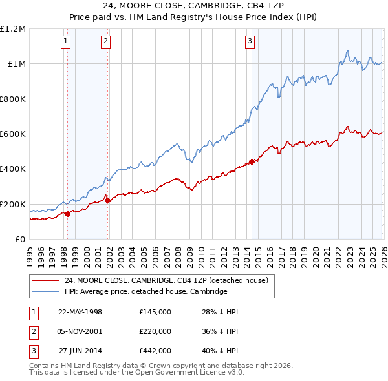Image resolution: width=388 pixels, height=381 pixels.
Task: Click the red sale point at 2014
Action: tap(252, 162)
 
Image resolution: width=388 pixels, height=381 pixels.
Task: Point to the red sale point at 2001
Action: tap(107, 201)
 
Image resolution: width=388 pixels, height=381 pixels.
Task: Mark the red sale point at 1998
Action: tap(68, 214)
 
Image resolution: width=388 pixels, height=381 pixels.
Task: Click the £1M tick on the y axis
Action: tap(16, 64)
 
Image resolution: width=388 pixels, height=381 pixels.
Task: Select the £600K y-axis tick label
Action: tap(13, 134)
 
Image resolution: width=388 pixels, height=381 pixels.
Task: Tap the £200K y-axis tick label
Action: tap(13, 205)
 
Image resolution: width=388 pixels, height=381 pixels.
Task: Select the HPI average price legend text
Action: tap(145, 291)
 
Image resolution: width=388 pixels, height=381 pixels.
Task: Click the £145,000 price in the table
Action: tap(155, 312)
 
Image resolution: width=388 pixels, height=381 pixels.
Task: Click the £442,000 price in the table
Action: tap(155, 351)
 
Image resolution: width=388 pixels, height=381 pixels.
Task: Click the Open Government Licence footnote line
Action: tap(137, 372)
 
